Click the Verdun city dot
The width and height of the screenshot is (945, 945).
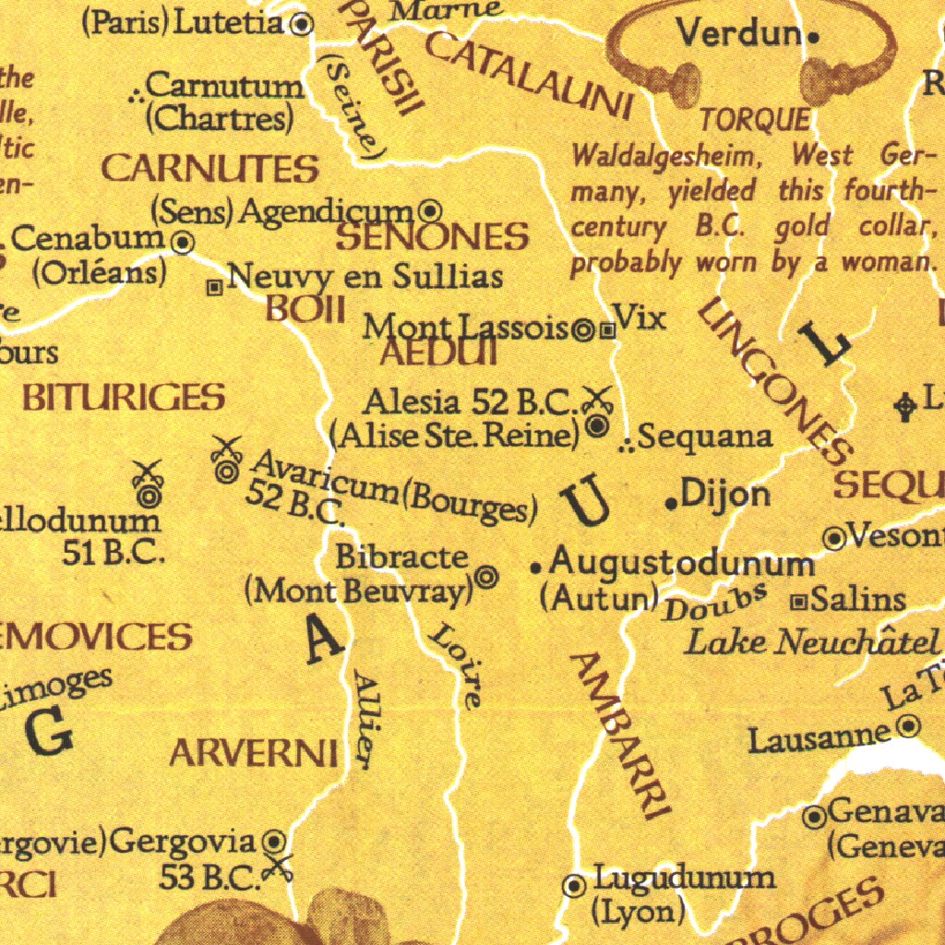click(812, 38)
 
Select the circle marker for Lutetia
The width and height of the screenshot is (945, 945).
click(302, 24)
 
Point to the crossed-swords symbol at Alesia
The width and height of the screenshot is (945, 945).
click(598, 399)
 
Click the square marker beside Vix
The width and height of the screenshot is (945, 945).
click(607, 329)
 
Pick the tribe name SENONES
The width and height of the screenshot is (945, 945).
click(432, 238)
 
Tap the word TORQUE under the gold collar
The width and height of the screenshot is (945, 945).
click(754, 119)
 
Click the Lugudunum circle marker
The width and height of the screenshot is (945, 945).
click(574, 886)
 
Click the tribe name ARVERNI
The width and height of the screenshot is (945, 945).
click(253, 755)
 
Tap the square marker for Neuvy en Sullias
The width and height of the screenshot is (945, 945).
click(214, 288)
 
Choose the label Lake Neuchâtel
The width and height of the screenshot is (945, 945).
click(811, 641)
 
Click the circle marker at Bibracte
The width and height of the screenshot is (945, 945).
click(486, 578)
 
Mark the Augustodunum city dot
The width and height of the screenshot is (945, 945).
click(535, 568)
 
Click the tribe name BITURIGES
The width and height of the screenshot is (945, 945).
click(124, 398)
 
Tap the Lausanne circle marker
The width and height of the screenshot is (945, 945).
click(909, 727)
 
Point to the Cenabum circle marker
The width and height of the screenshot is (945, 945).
click(184, 243)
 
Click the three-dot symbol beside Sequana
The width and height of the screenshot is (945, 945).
click(626, 446)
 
